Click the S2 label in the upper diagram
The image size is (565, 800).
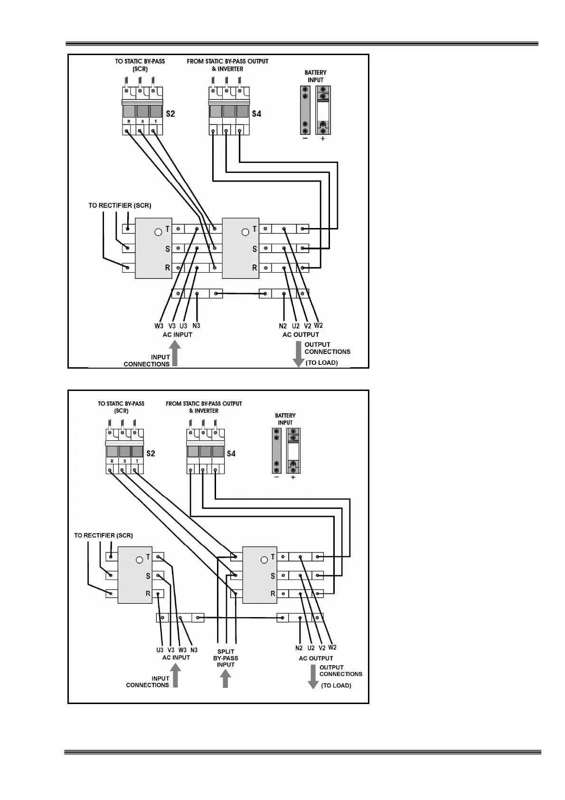[x=170, y=114]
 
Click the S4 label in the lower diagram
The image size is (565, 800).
[x=231, y=454]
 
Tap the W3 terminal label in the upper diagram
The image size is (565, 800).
[x=159, y=326]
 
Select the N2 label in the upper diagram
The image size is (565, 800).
[x=283, y=326]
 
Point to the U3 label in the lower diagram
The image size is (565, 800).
[x=160, y=650]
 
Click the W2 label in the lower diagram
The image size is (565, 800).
[x=332, y=648]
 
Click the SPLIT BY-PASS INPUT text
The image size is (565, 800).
[x=226, y=658]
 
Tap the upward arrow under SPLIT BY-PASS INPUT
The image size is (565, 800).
[x=226, y=679]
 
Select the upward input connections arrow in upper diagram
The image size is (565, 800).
[x=175, y=355]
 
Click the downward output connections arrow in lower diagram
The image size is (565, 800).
[x=313, y=676]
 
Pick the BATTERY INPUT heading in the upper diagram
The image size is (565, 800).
[x=315, y=76]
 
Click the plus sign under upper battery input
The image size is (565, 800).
[x=323, y=139]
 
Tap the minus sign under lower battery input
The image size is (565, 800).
[x=277, y=477]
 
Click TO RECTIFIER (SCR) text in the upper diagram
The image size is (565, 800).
[x=120, y=206]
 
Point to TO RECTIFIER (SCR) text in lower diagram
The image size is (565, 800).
[x=104, y=535]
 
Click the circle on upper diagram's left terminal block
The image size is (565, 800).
[x=158, y=232]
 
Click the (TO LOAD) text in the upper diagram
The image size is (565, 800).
[x=321, y=363]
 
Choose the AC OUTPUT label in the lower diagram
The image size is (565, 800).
[x=316, y=658]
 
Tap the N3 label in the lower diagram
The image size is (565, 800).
[x=194, y=650]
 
